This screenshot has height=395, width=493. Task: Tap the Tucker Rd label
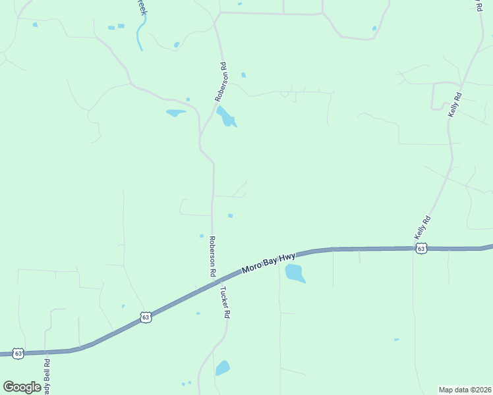224,302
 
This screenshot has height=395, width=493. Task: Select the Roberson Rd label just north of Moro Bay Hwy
212,256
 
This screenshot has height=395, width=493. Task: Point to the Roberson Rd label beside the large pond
221,81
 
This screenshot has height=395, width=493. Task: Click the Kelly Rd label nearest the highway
422,227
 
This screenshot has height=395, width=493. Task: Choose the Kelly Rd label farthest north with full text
455,105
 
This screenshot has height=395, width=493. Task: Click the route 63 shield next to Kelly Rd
421,248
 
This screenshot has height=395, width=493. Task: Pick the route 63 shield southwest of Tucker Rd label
146,317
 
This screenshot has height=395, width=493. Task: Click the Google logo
22,386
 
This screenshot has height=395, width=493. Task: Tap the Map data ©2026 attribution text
465,389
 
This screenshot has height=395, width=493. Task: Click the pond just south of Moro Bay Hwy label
295,273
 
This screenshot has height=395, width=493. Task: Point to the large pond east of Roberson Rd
226,117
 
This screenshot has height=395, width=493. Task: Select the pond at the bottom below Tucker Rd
223,367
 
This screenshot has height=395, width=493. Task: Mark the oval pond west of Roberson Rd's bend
175,113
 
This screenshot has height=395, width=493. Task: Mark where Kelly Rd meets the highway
413,248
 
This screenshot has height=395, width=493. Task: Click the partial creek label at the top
140,7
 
